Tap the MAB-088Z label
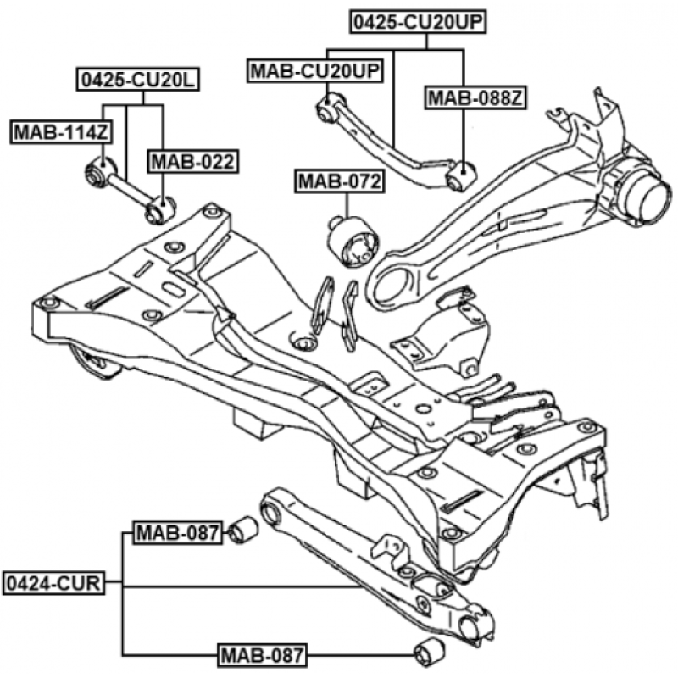(x=476, y=98)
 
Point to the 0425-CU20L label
(x=137, y=81)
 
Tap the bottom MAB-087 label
(x=263, y=654)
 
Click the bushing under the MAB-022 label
(x=160, y=208)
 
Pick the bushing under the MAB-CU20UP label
(x=327, y=108)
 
